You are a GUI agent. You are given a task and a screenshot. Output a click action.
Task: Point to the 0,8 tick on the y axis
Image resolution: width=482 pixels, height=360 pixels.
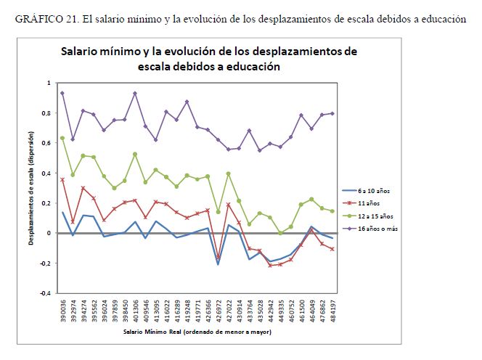click(x=49, y=113)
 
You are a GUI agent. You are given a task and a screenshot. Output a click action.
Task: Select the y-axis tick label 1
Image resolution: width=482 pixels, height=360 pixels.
click(x=51, y=83)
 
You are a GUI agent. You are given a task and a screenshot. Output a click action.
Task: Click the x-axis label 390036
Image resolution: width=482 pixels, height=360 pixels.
click(x=62, y=312)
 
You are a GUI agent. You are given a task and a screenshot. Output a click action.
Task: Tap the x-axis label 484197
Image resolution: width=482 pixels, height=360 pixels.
click(x=333, y=312)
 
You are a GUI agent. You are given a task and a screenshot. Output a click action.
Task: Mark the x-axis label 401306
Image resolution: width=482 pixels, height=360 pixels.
click(x=135, y=312)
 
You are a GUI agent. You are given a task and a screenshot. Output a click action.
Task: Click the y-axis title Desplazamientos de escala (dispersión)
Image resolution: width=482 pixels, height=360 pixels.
click(x=32, y=188)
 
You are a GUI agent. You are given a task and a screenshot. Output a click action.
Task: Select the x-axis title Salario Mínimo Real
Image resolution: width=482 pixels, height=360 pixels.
click(x=198, y=332)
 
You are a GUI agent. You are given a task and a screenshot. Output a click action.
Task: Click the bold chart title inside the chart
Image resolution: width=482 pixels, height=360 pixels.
click(x=208, y=59)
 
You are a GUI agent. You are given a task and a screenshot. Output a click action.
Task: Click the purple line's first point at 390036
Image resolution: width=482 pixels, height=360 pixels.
click(x=62, y=93)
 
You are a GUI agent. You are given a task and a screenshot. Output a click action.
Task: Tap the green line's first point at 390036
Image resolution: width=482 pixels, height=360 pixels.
click(x=62, y=138)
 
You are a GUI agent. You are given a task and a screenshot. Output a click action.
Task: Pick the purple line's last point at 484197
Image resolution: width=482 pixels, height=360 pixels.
click(x=333, y=113)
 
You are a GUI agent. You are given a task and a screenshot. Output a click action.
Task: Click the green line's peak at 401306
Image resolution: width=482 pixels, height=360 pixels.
click(x=135, y=154)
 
